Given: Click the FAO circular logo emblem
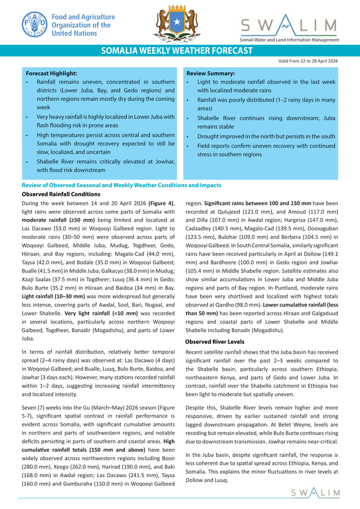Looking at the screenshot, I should click(34, 24).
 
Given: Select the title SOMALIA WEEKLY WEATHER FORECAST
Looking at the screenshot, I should click(176, 50).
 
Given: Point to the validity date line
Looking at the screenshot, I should click(308, 61).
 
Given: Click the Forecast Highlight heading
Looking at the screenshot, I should click(51, 73).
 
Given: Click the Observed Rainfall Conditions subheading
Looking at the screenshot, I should click(61, 194).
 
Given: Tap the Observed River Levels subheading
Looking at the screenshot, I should click(214, 342).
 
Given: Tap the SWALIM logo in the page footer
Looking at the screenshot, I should click(315, 493).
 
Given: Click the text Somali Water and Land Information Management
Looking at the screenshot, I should click(289, 40).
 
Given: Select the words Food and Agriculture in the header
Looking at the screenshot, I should click(83, 17).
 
